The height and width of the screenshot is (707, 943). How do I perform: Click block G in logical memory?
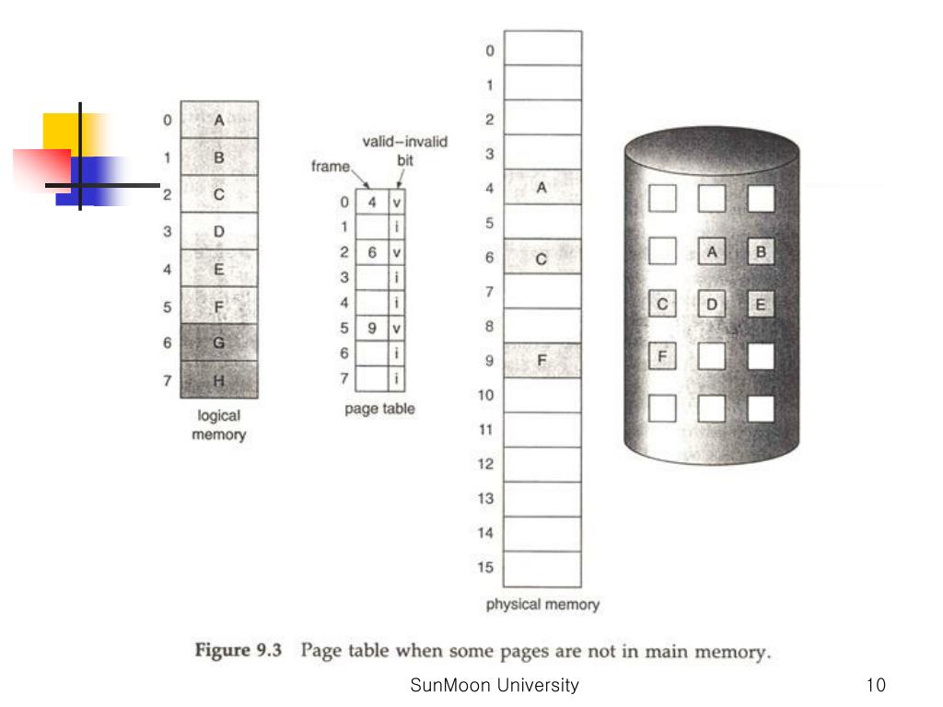click(x=219, y=342)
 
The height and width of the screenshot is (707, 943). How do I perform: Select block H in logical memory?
click(x=219, y=379)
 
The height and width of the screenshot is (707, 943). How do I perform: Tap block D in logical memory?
click(x=219, y=231)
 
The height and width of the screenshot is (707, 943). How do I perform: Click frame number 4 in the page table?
click(x=371, y=201)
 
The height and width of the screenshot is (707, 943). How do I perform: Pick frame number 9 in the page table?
click(x=371, y=327)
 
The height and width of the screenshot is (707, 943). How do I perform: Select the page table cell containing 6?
click(x=371, y=251)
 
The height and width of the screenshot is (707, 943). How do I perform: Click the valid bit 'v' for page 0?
click(x=396, y=201)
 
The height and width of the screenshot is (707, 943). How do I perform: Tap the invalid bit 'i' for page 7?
click(x=396, y=377)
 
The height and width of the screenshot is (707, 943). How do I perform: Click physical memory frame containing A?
click(x=542, y=188)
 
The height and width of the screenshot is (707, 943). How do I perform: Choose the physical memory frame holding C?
click(x=542, y=257)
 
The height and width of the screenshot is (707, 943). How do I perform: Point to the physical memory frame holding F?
click(x=542, y=361)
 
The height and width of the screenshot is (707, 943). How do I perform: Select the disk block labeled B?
click(x=760, y=250)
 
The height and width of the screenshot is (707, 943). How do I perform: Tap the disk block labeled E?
click(x=760, y=304)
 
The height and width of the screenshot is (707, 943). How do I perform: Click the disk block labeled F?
click(x=663, y=355)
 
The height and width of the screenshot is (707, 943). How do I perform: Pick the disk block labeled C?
click(x=663, y=304)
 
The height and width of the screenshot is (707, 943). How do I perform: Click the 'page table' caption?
click(x=379, y=409)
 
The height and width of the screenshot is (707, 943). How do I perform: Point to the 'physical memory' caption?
click(x=542, y=605)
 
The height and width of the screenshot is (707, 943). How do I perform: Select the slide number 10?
click(x=876, y=685)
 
